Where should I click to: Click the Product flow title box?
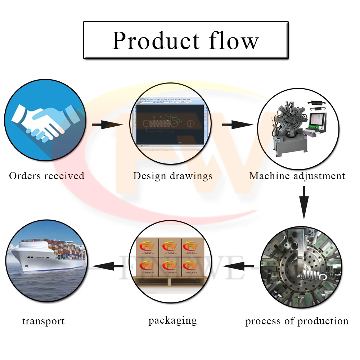tap(186, 40)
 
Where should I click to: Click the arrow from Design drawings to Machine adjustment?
tap(237, 125)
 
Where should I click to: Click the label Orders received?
tap(47, 176)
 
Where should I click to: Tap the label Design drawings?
tap(173, 176)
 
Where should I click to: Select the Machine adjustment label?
tap(297, 176)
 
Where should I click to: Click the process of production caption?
tap(297, 321)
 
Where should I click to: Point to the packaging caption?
tap(172, 320)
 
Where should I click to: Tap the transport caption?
tap(44, 321)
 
